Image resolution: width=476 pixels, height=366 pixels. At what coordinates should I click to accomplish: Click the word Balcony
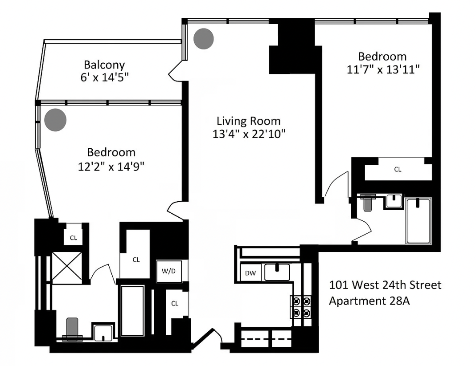[x=104, y=65]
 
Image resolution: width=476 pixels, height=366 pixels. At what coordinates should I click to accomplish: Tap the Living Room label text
[x=248, y=121]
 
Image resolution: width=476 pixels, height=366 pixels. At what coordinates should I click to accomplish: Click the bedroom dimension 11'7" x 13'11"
[x=382, y=69]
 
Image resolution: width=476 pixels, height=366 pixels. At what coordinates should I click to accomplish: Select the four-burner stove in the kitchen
[x=300, y=306]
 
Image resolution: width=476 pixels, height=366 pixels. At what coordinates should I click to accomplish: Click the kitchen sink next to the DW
[x=277, y=272]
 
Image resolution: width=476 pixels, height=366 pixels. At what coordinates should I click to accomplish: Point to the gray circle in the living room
[x=204, y=39]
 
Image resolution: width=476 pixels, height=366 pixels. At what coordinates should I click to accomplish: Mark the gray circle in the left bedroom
[x=56, y=119]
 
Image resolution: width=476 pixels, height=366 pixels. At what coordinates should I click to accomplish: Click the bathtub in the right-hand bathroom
[x=418, y=221]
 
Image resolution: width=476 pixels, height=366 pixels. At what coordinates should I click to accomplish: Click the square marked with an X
[x=67, y=267]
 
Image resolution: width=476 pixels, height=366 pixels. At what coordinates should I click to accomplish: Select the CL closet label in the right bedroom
[x=398, y=170]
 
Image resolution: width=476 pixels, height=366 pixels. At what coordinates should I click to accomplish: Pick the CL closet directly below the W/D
[x=175, y=303]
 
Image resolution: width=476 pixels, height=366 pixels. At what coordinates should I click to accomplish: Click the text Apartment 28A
[x=369, y=301]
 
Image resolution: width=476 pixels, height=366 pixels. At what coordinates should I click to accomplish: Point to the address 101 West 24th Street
[x=385, y=285]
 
